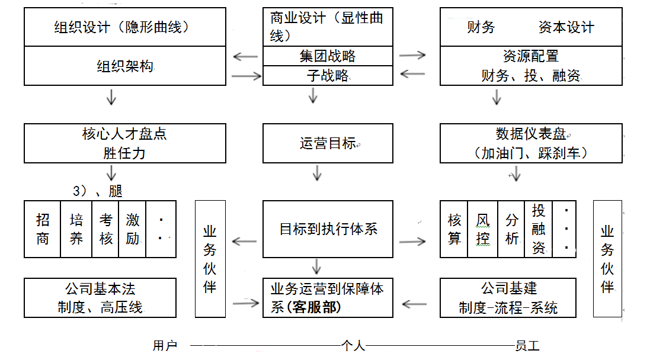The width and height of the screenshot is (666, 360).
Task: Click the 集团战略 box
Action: point(328,56)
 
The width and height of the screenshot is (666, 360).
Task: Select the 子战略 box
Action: point(328,76)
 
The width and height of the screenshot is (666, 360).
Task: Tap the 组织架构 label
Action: point(124,66)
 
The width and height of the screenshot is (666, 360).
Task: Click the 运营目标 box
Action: point(328,143)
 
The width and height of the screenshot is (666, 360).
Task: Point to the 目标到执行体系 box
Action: point(328,229)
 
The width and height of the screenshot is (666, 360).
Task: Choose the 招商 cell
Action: point(43,229)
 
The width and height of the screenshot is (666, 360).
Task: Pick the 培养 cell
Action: point(76,229)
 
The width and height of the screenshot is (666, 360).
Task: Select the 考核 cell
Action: point(105,229)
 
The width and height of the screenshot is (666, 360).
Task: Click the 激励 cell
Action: point(133,229)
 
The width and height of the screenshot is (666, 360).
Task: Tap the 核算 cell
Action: point(454,229)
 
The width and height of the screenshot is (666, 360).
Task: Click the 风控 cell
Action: point(483,229)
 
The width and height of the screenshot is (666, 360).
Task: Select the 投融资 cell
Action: point(538,229)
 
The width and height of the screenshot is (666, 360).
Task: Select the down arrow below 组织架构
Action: point(111,97)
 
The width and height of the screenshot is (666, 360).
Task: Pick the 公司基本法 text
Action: point(100,289)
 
